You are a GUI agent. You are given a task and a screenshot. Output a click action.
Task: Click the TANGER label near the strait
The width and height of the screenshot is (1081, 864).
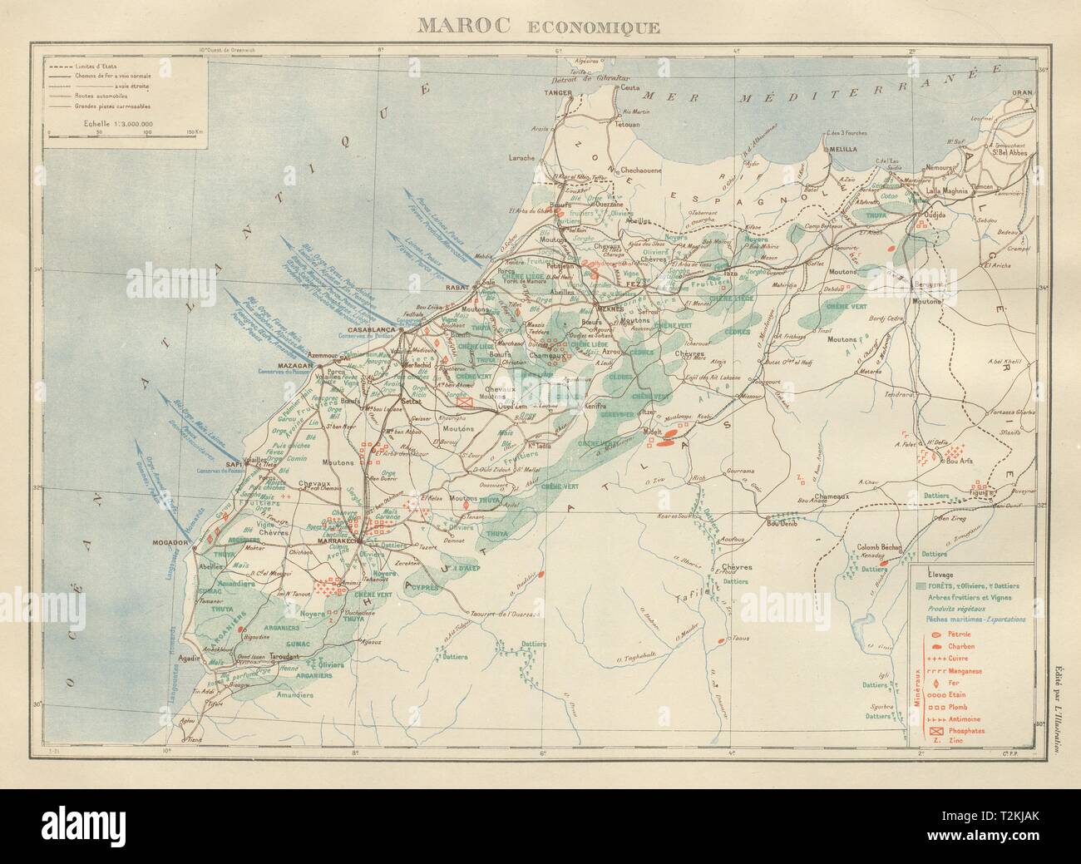557,93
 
